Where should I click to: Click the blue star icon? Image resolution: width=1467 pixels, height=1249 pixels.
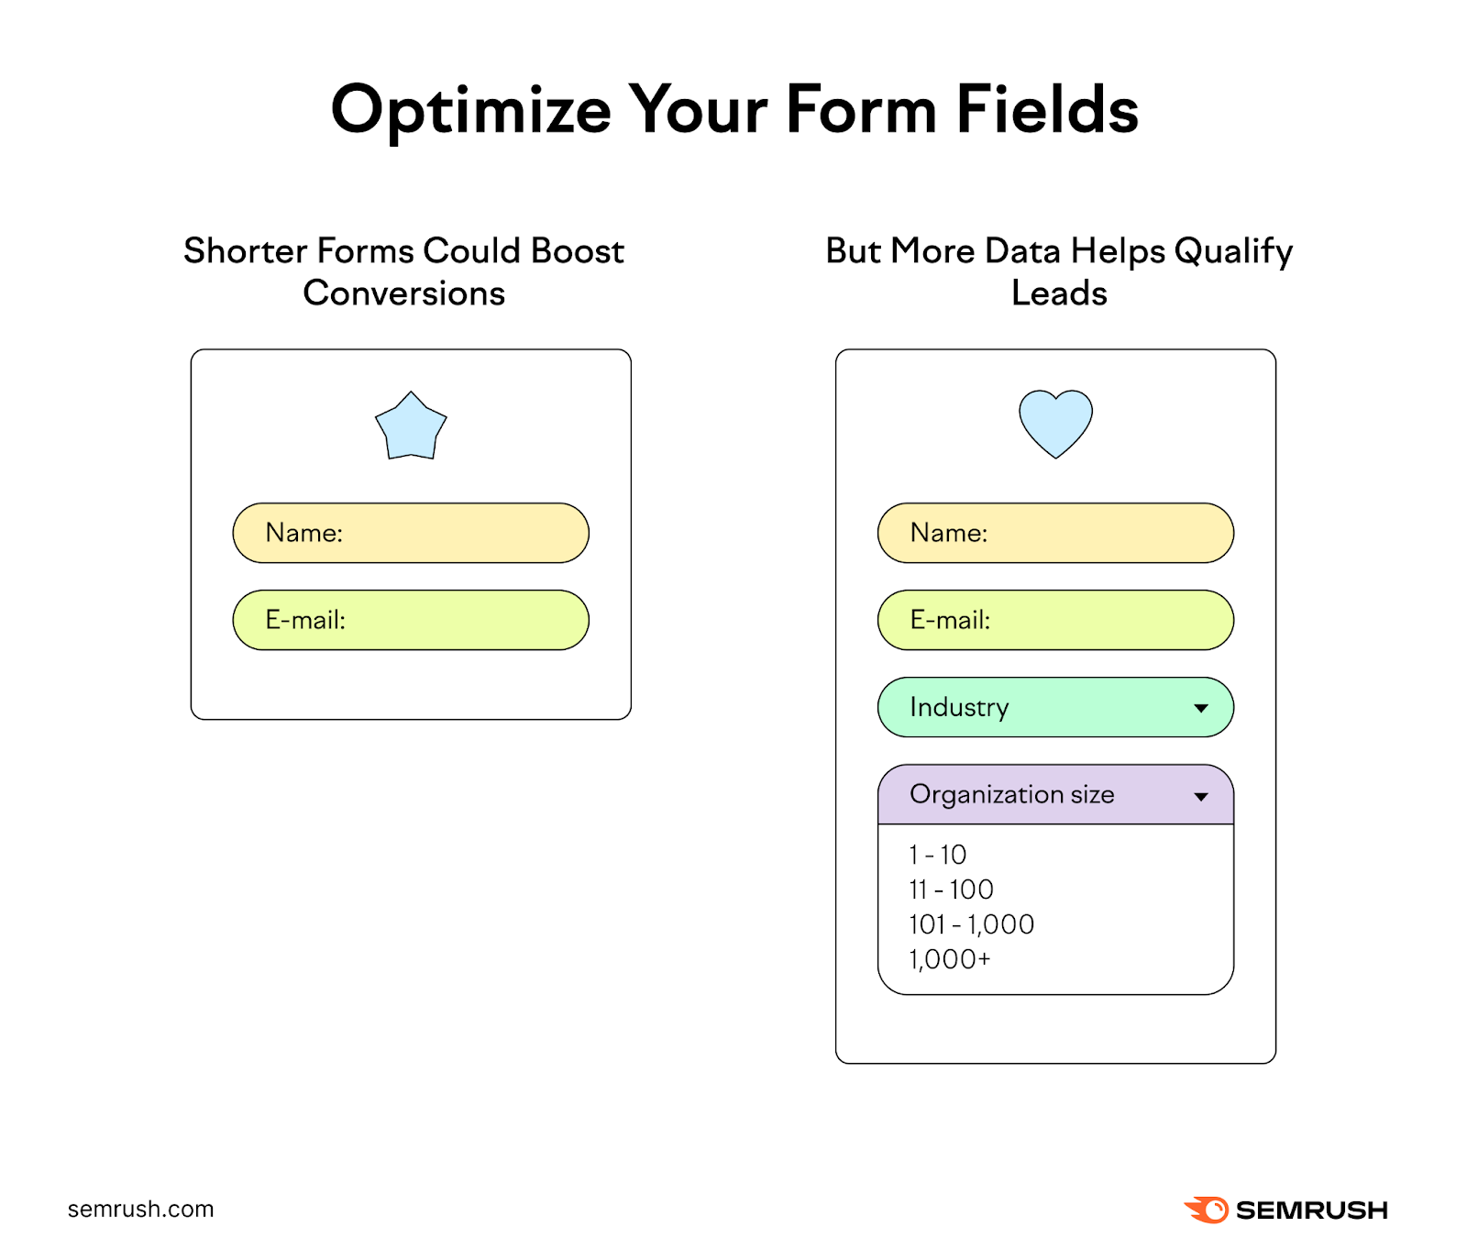tap(411, 427)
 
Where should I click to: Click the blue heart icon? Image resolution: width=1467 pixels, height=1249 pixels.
tap(1055, 422)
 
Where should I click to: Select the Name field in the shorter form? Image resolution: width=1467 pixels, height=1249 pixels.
tap(411, 533)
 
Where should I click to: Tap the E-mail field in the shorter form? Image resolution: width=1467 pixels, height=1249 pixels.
tap(411, 620)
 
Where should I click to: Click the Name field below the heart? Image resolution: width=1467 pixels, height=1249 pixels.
tap(1055, 533)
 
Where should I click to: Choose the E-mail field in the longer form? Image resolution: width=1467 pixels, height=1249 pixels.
tap(1055, 620)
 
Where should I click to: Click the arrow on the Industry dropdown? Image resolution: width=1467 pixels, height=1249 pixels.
tap(1200, 708)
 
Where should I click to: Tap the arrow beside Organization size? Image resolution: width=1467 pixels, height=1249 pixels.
tap(1200, 796)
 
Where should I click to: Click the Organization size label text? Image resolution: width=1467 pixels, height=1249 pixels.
tap(1011, 794)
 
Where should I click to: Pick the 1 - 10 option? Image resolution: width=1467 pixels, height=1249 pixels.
tap(937, 855)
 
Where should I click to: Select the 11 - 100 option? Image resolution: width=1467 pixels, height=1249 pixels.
tap(951, 890)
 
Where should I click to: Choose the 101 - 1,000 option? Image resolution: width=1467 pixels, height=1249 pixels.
tap(971, 924)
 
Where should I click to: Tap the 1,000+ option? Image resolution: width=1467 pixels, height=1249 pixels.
tap(949, 959)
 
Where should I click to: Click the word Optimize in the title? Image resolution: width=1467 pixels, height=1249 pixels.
tap(470, 111)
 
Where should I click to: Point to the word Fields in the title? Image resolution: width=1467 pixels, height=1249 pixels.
tap(1046, 109)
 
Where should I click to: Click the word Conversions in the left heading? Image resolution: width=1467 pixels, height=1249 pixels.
tap(403, 293)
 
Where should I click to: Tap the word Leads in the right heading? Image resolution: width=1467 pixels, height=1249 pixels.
tap(1059, 293)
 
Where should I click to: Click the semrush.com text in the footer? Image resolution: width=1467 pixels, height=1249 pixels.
tap(140, 1209)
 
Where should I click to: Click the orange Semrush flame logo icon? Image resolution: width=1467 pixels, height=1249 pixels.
tap(1208, 1210)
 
